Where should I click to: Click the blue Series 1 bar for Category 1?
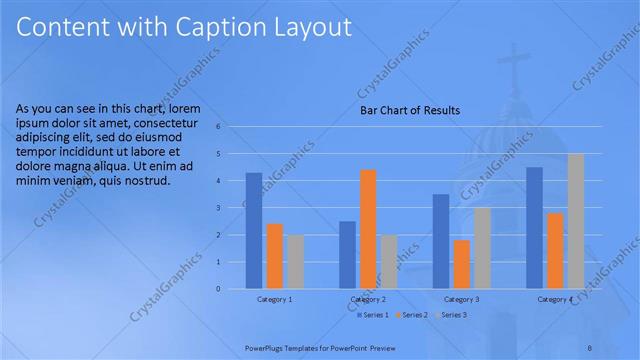click(254, 231)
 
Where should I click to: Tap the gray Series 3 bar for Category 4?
click(575, 221)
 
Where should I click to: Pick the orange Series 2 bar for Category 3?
click(461, 264)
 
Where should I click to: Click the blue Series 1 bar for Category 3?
click(441, 241)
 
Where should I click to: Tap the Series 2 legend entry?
click(411, 315)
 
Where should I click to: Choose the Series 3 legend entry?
click(450, 315)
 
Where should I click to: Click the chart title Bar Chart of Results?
click(410, 111)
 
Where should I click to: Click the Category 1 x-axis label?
click(274, 299)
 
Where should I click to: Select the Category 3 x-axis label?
click(461, 299)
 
